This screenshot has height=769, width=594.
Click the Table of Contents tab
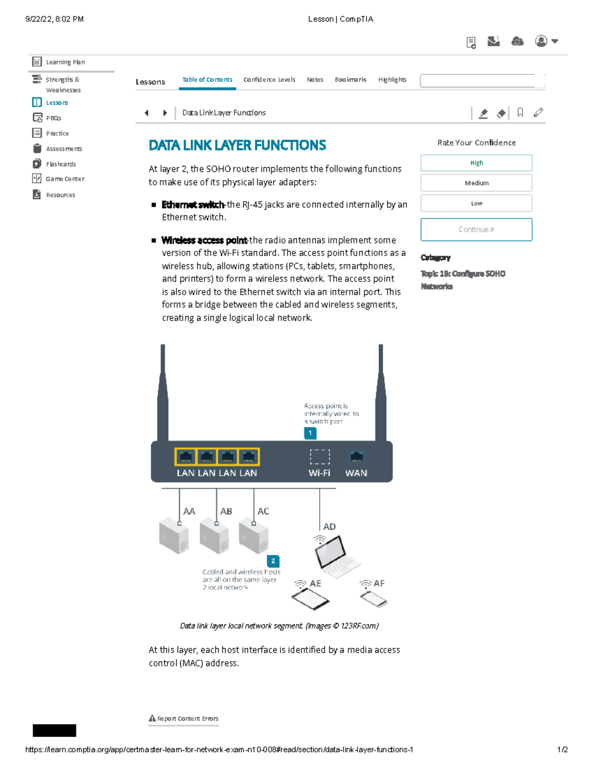click(x=207, y=80)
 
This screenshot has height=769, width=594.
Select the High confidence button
click(x=476, y=163)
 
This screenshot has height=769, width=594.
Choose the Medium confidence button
click(x=476, y=183)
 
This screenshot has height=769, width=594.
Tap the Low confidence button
click(x=476, y=203)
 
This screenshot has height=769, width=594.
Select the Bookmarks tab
click(x=350, y=80)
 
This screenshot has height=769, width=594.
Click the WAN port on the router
click(x=356, y=457)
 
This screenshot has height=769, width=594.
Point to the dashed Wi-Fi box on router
click(x=320, y=457)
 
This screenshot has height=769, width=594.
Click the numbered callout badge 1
click(x=310, y=433)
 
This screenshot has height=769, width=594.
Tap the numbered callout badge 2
click(x=273, y=561)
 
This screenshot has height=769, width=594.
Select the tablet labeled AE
click(x=310, y=600)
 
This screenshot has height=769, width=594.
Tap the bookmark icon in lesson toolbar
click(x=520, y=113)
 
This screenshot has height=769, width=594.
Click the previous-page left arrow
click(x=147, y=113)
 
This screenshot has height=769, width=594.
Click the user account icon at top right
click(x=541, y=41)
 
